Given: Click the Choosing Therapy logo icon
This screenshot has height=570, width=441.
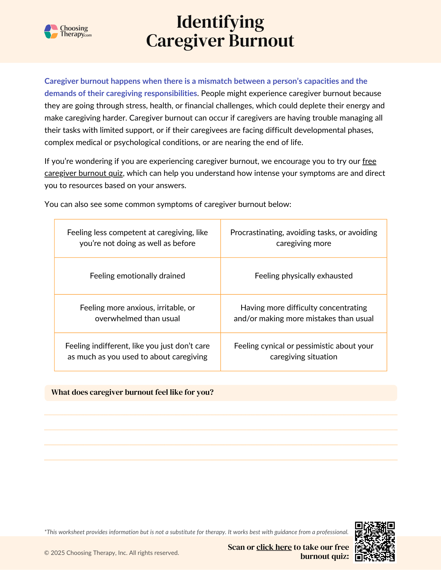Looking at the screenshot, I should (51, 31).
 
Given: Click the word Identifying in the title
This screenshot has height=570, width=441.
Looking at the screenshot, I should (220, 22).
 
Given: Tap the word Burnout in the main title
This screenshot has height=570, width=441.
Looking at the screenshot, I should (261, 41).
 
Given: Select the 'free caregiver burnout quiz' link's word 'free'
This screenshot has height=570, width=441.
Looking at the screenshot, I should (369, 161).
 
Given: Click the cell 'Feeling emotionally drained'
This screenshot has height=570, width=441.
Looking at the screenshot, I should (137, 276).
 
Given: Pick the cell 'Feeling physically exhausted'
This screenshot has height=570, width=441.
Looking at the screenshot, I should (303, 276).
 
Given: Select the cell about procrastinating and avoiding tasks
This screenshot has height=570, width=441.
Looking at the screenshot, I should (303, 238).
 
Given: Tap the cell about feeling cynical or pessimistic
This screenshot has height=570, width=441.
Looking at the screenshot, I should (303, 351).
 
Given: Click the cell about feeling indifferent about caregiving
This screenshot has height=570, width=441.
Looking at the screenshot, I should (137, 351).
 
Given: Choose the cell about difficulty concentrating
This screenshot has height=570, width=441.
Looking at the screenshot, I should (303, 313).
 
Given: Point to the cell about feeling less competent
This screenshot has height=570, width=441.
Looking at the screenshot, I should (137, 238).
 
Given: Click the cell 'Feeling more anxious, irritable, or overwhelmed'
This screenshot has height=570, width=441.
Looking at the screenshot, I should (137, 313).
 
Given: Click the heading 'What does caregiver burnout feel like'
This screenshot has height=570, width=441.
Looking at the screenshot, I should (132, 392).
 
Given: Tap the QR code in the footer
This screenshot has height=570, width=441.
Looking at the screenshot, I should (374, 541).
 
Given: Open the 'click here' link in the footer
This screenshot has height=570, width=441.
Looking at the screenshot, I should (274, 547).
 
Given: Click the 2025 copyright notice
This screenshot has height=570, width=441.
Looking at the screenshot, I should (112, 553).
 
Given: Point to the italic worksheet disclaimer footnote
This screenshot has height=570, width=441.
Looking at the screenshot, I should (196, 532).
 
